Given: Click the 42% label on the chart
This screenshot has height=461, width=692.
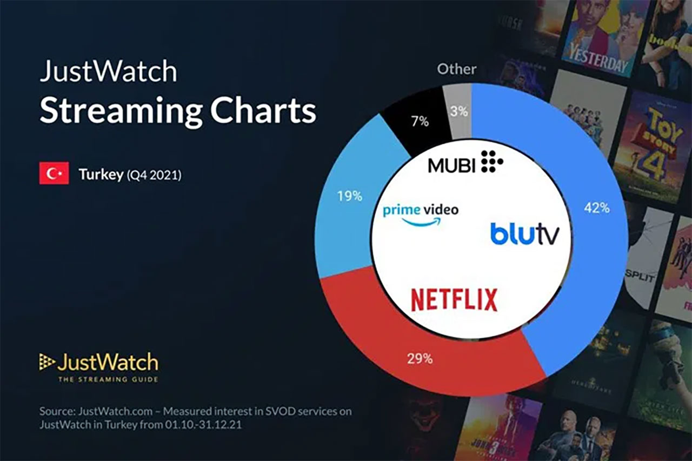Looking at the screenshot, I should click(x=596, y=208).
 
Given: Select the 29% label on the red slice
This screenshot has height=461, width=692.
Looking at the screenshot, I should click(x=420, y=358).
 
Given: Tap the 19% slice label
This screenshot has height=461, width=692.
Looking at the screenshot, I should click(x=350, y=196).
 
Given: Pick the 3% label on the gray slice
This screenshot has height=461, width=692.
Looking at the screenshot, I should click(x=460, y=112).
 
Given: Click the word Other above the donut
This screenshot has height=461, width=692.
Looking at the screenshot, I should click(x=456, y=69).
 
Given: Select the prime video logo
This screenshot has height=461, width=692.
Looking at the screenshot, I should click(x=421, y=213).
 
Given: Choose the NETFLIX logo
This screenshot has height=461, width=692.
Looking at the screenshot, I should click(x=454, y=300).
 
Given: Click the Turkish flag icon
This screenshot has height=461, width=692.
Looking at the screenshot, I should click(x=54, y=173).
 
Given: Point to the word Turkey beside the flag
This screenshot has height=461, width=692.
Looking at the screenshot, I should click(x=101, y=175).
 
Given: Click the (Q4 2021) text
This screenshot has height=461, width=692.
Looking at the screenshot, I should click(x=154, y=176).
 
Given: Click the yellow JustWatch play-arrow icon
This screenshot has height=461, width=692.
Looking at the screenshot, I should click(x=47, y=362).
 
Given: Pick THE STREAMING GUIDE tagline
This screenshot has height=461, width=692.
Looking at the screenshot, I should click(x=108, y=379).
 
